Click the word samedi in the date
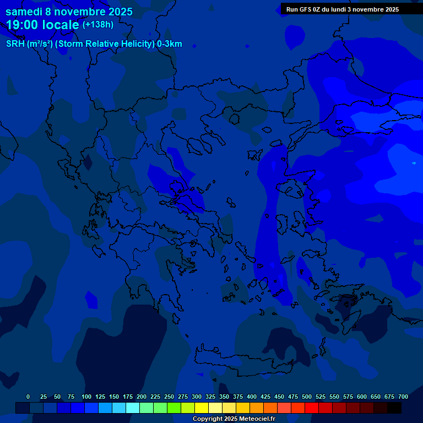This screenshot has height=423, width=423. coord(24,12)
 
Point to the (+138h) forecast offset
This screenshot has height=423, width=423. coord(98,24)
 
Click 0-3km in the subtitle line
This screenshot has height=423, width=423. coord(169,44)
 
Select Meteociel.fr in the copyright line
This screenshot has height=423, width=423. coord(257,419)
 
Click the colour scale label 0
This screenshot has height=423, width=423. coord(28,397)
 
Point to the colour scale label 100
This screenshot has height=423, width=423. coord(86,397)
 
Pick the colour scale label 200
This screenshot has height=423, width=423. coord(142,397)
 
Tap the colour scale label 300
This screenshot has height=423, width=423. coord(197,397)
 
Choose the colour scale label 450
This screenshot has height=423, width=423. coord(279,397)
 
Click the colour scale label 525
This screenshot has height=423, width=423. coord(321,397)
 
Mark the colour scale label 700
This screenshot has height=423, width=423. coord(403,397)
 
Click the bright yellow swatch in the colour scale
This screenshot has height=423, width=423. coord(202,408)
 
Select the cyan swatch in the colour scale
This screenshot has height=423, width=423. coord(133,408)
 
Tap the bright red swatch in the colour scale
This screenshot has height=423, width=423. coord(312,408)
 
